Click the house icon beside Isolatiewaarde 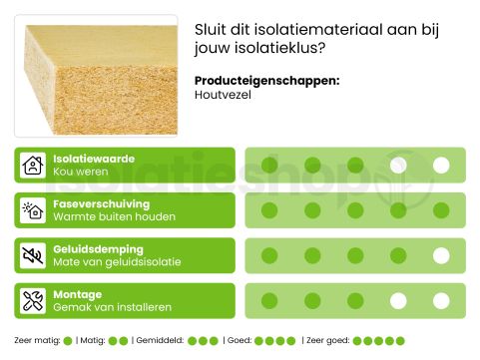pos(34,166)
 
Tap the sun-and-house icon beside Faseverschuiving pos(34,210)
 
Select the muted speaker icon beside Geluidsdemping pos(34,255)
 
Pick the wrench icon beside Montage pos(34,300)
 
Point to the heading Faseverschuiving pos(101,204)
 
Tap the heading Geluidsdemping pos(98,249)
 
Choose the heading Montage pos(78,294)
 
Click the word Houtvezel pos(223,95)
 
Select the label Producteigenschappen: pos(265,81)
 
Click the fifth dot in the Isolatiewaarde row pos(441,166)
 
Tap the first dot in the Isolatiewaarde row pos(269,166)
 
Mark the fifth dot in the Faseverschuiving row pos(441,210)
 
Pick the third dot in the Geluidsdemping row pos(355,255)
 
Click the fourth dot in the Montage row pos(398,300)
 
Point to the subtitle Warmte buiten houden pos(115,217)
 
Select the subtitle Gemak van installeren pos(113,307)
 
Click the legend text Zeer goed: pos(324,341)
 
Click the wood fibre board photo pos(97,76)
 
